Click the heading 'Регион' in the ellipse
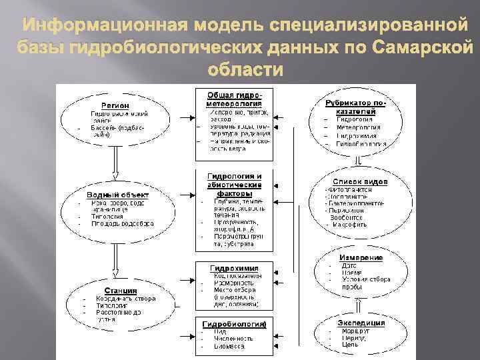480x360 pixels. (115, 105)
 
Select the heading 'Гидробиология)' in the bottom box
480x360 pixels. (233, 324)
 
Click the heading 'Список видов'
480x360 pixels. (360, 181)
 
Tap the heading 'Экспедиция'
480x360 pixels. (361, 322)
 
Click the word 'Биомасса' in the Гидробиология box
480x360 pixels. (230, 347)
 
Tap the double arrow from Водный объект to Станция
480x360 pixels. (115, 262)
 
